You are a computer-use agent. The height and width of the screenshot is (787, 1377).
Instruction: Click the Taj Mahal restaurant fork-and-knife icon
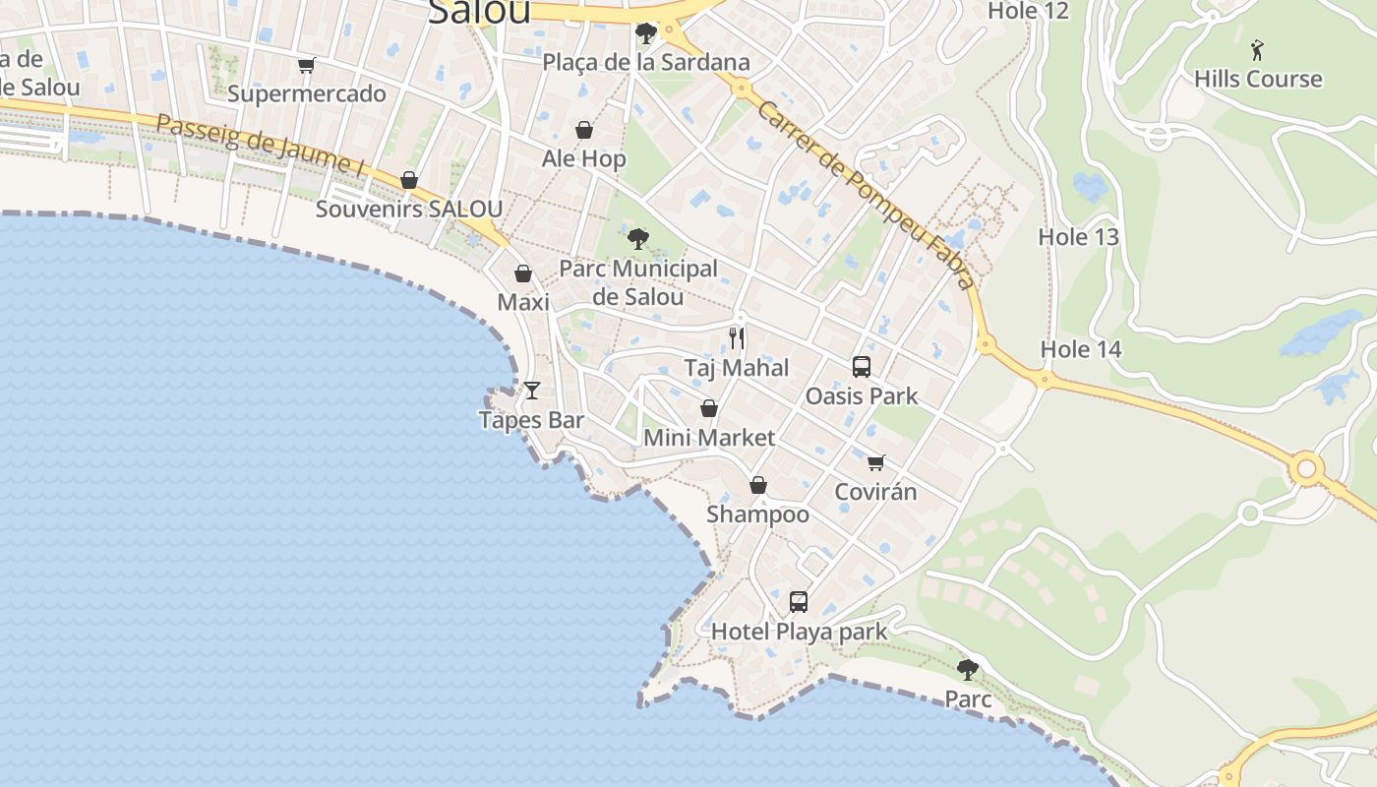(x=737, y=338)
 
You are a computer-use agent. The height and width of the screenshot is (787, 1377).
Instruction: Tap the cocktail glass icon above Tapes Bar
(x=532, y=391)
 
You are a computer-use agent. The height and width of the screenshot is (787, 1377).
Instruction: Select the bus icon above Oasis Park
(x=862, y=367)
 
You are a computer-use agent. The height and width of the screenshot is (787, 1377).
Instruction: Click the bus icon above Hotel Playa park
(x=799, y=601)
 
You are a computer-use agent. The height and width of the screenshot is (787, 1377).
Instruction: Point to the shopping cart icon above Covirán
(x=875, y=462)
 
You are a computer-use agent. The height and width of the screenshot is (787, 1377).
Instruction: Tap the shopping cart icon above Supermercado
(x=307, y=66)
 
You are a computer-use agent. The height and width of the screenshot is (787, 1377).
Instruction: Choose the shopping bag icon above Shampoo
(x=758, y=485)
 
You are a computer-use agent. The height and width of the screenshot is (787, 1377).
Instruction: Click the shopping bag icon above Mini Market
(x=709, y=408)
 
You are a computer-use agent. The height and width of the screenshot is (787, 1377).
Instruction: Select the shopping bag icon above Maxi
(x=523, y=273)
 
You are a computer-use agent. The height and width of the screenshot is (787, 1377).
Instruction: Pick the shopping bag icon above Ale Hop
(x=584, y=130)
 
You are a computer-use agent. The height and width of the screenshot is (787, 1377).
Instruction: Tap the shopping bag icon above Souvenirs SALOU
(x=409, y=180)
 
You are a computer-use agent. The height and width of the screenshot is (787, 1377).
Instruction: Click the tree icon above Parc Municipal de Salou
(x=638, y=238)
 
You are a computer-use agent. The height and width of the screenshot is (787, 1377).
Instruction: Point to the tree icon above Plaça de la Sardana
(x=646, y=34)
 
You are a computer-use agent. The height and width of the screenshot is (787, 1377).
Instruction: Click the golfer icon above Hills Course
(x=1257, y=49)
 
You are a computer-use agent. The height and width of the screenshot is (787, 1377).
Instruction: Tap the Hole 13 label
(x=1079, y=237)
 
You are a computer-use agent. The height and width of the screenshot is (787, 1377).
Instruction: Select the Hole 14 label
(x=1081, y=349)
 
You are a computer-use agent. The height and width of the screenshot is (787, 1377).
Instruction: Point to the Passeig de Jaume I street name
(x=261, y=144)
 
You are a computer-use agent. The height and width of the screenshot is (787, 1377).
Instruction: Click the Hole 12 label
(x=1028, y=11)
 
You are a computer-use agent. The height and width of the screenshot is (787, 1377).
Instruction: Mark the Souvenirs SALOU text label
(x=409, y=209)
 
